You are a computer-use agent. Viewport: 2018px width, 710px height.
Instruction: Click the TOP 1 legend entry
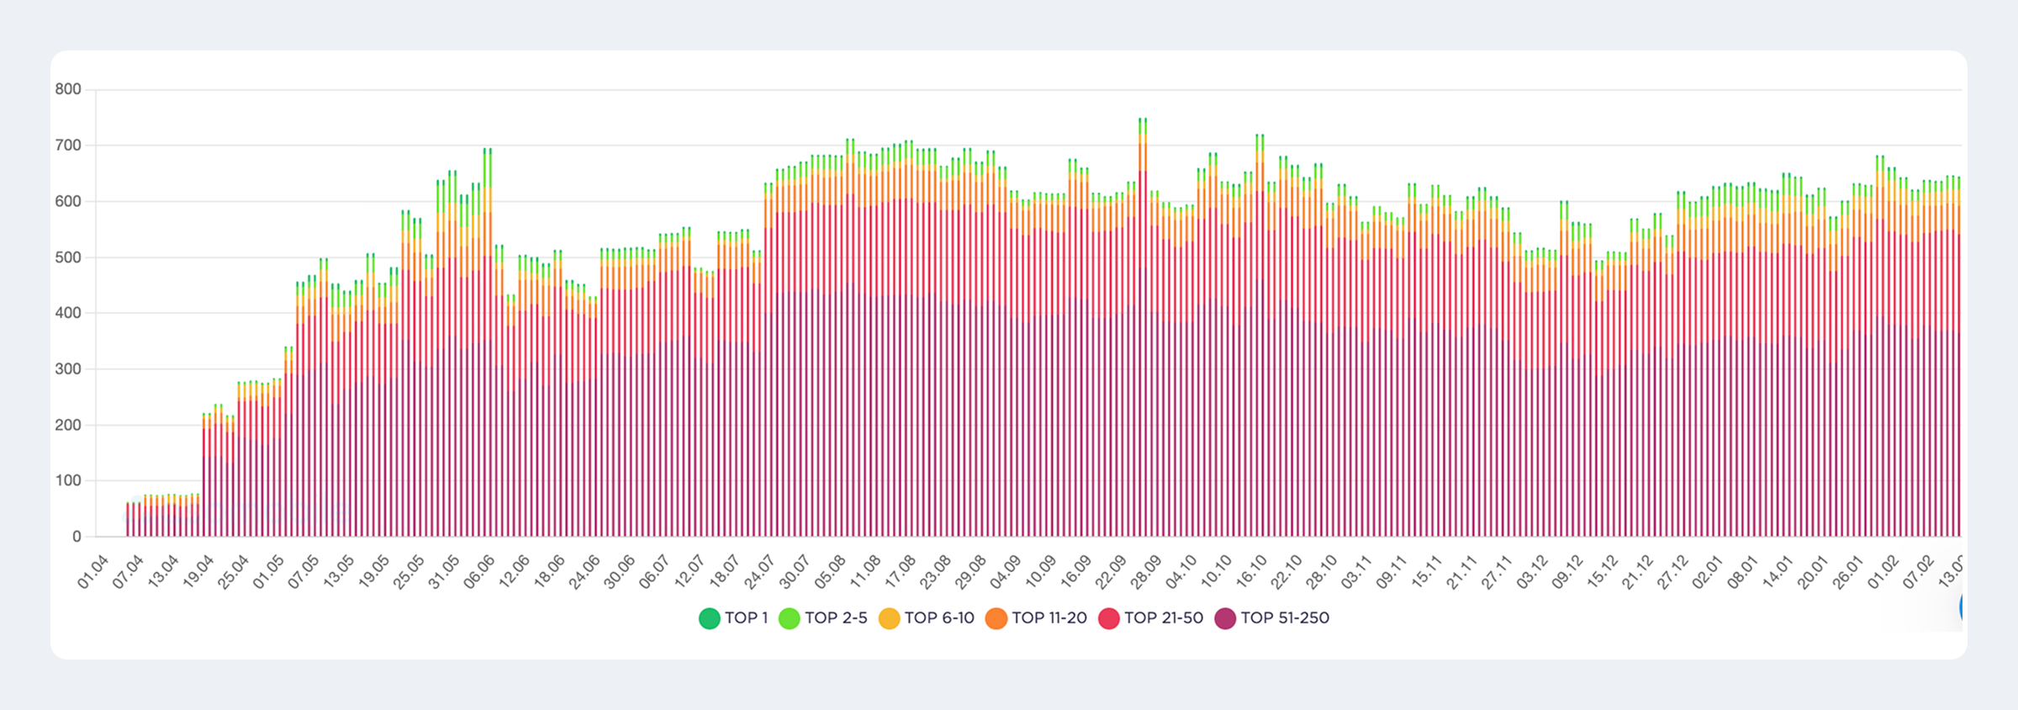tap(734, 618)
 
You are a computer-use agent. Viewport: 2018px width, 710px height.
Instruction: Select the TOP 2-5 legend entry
tap(823, 618)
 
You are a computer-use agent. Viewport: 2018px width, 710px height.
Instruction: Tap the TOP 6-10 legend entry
tap(927, 618)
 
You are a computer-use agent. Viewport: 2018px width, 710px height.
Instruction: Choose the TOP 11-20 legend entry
tap(1037, 618)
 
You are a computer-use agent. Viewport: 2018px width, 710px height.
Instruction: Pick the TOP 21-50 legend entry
tap(1151, 618)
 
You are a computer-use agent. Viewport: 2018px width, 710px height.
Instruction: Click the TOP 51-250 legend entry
tap(1272, 618)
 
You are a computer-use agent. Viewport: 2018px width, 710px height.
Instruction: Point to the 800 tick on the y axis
tap(68, 89)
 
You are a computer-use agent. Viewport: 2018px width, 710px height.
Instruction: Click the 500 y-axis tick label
tap(68, 257)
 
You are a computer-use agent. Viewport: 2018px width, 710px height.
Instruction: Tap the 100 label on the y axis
tap(68, 481)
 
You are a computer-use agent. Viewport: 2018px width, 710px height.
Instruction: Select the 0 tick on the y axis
tap(77, 537)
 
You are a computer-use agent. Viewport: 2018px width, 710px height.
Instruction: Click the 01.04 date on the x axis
tap(93, 572)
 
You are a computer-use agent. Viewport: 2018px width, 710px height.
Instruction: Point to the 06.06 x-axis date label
tap(479, 572)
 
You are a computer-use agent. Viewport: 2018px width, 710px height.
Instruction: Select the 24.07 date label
tap(759, 572)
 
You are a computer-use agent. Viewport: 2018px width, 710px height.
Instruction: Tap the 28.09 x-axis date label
tap(1145, 572)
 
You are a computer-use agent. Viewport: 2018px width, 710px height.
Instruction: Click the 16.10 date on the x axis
tap(1250, 572)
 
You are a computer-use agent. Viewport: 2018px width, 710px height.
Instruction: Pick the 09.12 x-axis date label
tap(1567, 572)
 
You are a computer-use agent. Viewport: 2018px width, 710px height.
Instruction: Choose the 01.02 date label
tap(1883, 572)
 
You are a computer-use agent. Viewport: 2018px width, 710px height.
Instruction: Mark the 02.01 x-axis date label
tap(1708, 572)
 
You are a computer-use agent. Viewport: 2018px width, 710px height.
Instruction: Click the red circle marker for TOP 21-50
tap(1109, 618)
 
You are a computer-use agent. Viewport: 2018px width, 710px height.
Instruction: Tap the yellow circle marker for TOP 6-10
tap(890, 618)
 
